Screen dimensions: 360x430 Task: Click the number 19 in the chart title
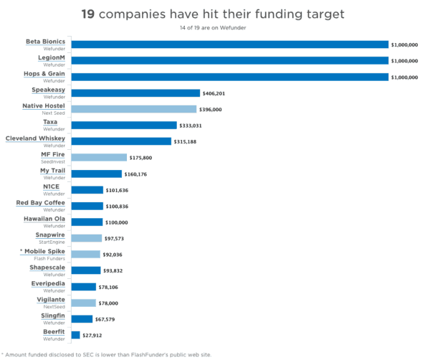89,14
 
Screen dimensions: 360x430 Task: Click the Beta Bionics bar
229,44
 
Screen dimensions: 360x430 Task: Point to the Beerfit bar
75,335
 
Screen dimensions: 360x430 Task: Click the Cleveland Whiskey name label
35,138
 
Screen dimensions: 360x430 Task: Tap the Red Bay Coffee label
40,202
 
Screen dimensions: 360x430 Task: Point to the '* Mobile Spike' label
42,251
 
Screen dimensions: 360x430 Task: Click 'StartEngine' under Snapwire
52,242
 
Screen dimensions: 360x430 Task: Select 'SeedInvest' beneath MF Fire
52,161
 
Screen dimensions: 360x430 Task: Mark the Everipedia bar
84,287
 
